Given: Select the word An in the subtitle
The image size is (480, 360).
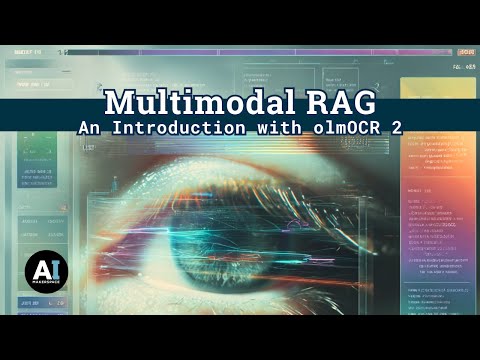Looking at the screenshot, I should click(x=93, y=130).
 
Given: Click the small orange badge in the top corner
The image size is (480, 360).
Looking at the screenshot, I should click(x=465, y=52).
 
